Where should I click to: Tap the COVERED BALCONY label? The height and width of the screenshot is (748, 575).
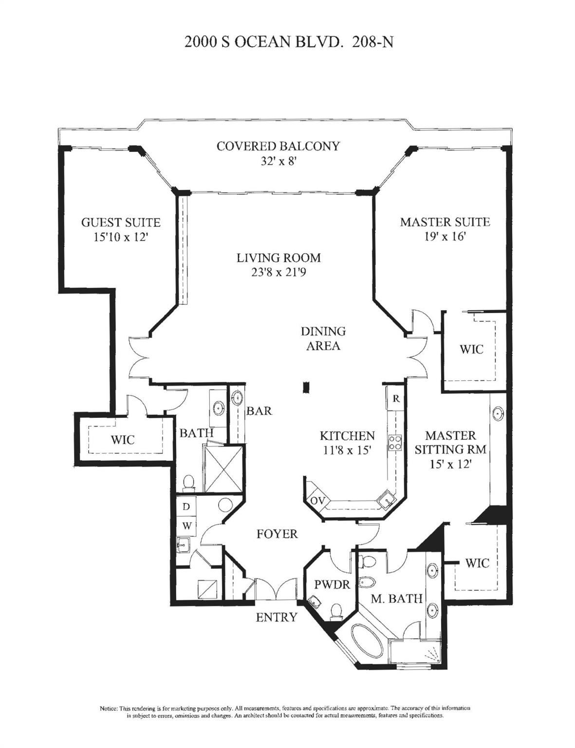tap(278, 146)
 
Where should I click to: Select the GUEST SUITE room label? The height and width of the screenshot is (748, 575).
tap(120, 223)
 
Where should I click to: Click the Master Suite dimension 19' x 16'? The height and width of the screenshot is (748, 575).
tap(445, 237)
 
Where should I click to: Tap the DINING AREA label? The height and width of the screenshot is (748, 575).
tap(323, 338)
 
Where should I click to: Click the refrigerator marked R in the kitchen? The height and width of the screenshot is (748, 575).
tap(396, 398)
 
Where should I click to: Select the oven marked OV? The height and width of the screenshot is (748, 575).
tap(317, 501)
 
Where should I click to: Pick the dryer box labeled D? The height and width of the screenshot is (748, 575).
tap(186, 506)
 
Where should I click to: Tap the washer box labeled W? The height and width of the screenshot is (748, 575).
tap(186, 525)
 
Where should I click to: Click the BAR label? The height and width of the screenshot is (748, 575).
tap(259, 411)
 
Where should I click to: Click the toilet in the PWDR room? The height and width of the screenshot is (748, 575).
tap(336, 611)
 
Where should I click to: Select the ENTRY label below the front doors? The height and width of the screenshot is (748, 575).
tap(276, 617)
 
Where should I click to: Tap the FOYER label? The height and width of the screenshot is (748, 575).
tap(277, 534)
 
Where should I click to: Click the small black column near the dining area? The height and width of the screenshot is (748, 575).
tap(306, 387)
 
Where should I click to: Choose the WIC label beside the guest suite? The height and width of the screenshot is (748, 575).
tap(122, 440)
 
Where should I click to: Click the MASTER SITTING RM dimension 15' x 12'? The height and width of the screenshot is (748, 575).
tap(450, 464)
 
